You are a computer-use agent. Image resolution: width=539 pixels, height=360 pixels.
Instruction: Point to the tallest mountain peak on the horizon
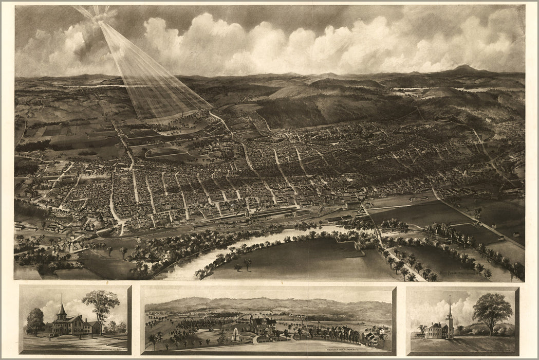(x=465, y=67)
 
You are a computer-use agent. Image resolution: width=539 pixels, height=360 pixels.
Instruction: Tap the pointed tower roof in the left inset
(x=62, y=309)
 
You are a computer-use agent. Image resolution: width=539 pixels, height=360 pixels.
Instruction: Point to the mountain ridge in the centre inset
(x=267, y=303)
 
